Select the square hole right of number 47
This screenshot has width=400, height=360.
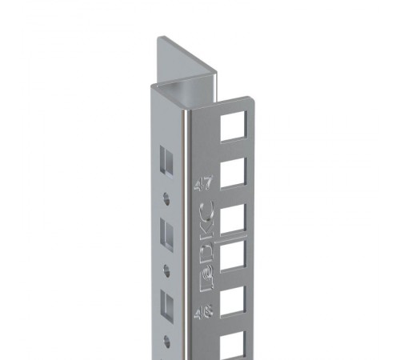[231, 172]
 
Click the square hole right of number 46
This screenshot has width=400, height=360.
[231, 301]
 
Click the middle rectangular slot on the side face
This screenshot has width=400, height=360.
[168, 234]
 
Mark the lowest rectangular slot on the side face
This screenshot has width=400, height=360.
[168, 305]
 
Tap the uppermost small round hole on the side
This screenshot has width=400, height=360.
[166, 197]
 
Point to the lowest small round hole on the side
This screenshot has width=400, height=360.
[166, 339]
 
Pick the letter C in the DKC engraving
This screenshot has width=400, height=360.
[205, 214]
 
